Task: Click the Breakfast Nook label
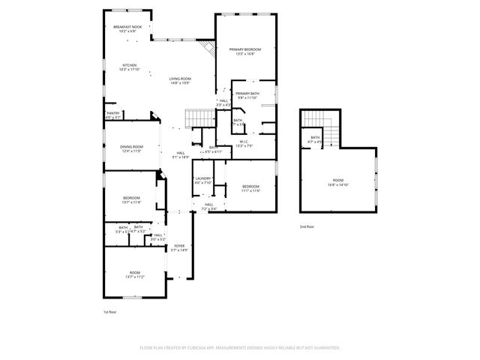(x=125, y=29)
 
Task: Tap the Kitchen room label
(x=130, y=67)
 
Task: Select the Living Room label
(x=179, y=80)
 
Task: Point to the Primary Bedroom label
(x=244, y=51)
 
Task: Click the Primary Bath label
(x=247, y=95)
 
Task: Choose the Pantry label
(x=112, y=115)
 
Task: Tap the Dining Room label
(x=132, y=148)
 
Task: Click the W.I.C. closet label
(x=244, y=143)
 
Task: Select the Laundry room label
(x=203, y=181)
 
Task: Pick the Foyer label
(x=179, y=247)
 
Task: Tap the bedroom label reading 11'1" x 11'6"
(x=250, y=188)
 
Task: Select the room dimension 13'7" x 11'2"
(x=134, y=277)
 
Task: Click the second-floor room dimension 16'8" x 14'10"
(x=337, y=184)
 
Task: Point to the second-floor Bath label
(x=315, y=139)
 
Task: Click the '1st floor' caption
(x=109, y=311)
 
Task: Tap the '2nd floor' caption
(x=307, y=226)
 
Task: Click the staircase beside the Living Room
(x=199, y=118)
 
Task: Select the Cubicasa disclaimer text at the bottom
(x=240, y=348)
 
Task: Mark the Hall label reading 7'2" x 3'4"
(x=209, y=206)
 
